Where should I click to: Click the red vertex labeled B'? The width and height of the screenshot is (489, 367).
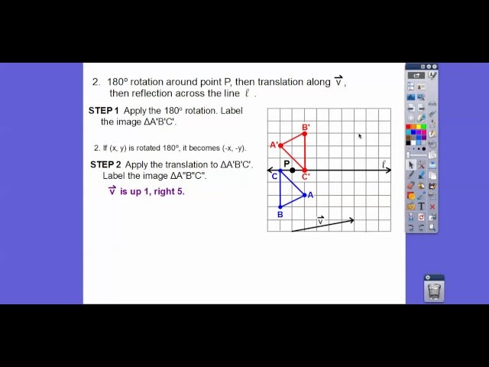[x=305, y=134]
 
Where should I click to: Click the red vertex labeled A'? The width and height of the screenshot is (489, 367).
[x=280, y=145]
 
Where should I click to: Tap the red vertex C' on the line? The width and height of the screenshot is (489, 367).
[x=305, y=170]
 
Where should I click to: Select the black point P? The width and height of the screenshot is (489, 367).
[x=293, y=170]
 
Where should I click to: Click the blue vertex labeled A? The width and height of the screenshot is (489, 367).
[x=305, y=194]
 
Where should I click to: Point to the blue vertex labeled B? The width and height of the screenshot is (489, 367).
[x=280, y=206]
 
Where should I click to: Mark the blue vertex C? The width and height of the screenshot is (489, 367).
[x=280, y=171]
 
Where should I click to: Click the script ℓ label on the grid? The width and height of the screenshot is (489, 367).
[x=384, y=164]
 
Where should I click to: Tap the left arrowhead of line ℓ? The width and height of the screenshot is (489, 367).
[x=270, y=170]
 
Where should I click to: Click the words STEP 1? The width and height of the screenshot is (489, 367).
[x=103, y=111]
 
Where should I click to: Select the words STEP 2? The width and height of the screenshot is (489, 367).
[x=105, y=164]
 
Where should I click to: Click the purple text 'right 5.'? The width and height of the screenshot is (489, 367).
[x=168, y=191]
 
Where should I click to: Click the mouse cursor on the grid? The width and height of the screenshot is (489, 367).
[x=359, y=136]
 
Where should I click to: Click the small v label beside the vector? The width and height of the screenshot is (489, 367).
[x=320, y=221]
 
